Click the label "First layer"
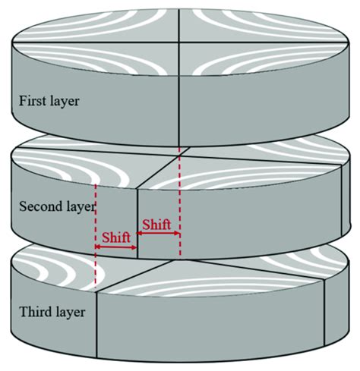tap(49, 99)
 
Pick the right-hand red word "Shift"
tap(157, 224)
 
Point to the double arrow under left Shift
tap(116, 246)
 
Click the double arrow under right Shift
tap(158, 234)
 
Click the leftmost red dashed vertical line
tap(96, 235)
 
